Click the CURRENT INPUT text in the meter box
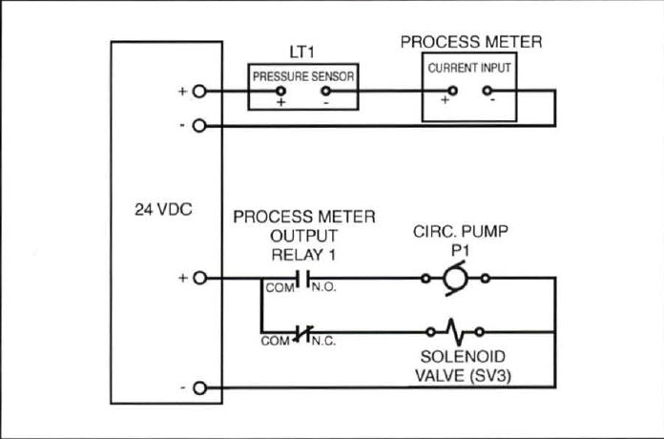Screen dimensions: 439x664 click(469, 68)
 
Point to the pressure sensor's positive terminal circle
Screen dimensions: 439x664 click(280, 92)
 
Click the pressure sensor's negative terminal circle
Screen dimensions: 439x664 click(325, 92)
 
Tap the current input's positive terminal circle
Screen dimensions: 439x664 click(452, 92)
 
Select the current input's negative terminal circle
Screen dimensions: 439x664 click(490, 92)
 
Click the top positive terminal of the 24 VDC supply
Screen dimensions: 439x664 click(198, 92)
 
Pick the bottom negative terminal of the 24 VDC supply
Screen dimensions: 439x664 click(198, 388)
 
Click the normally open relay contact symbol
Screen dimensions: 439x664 click(301, 279)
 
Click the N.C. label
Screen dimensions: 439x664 click(323, 341)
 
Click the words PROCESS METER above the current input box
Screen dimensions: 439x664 click(470, 42)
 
